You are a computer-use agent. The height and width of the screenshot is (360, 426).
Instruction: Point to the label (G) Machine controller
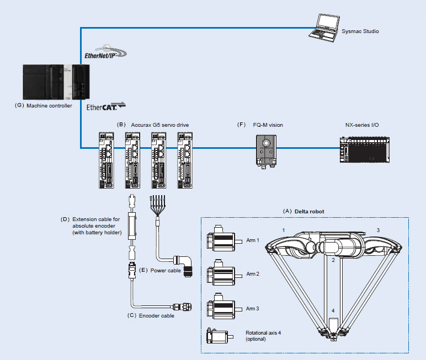click(x=44, y=106)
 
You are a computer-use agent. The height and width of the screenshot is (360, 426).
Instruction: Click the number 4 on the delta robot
click(x=333, y=310)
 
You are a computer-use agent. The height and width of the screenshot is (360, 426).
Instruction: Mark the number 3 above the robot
click(x=377, y=229)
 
